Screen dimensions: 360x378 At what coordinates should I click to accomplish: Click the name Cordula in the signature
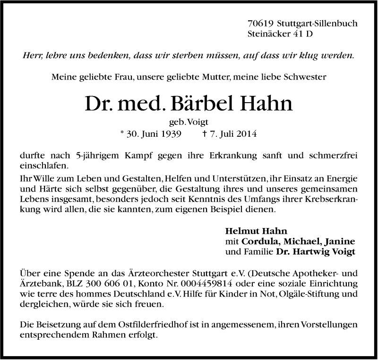(258, 242)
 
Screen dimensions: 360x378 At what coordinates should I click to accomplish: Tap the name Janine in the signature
(341, 242)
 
